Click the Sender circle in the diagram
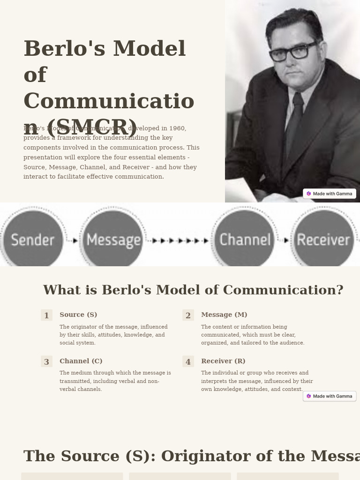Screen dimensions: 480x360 pyautogui.click(x=32, y=240)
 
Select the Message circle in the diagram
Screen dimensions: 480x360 pyautogui.click(x=113, y=240)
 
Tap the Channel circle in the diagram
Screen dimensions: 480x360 pyautogui.click(x=245, y=240)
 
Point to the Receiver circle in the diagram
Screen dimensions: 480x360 pyautogui.click(x=323, y=240)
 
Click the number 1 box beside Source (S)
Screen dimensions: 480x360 pyautogui.click(x=46, y=315)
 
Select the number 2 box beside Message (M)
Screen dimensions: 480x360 pyautogui.click(x=188, y=315)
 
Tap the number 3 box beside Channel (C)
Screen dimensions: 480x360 pyautogui.click(x=46, y=362)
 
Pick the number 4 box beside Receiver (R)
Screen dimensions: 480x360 pyautogui.click(x=188, y=362)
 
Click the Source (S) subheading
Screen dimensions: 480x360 pyautogui.click(x=78, y=315)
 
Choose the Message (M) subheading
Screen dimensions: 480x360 pyautogui.click(x=224, y=315)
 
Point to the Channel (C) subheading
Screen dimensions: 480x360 pyautogui.click(x=81, y=361)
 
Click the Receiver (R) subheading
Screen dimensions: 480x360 pyautogui.click(x=223, y=361)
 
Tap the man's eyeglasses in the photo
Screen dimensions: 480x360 pyautogui.click(x=293, y=51)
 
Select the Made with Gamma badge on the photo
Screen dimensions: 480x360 pyautogui.click(x=330, y=194)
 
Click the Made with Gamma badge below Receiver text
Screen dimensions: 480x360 pyautogui.click(x=330, y=396)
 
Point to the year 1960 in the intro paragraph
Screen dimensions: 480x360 pyautogui.click(x=178, y=128)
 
